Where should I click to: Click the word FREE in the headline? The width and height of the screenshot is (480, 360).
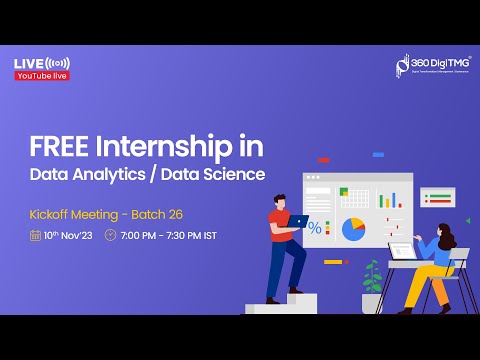[54, 148]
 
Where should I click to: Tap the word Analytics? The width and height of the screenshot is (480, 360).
[128, 175]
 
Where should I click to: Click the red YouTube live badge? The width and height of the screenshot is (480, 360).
[42, 76]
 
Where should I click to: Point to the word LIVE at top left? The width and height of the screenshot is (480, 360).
[28, 63]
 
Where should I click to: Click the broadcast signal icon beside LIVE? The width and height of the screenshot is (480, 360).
[57, 63]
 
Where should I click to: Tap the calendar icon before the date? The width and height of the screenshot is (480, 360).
[36, 236]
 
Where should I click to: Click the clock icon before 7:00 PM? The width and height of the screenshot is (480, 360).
[110, 236]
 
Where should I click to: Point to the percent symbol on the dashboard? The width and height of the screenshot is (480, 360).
[315, 229]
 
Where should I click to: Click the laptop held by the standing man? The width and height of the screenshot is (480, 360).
[298, 222]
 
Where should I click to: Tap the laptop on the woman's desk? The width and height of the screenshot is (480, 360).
[403, 252]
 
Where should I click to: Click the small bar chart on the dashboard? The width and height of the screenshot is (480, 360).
[390, 198]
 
